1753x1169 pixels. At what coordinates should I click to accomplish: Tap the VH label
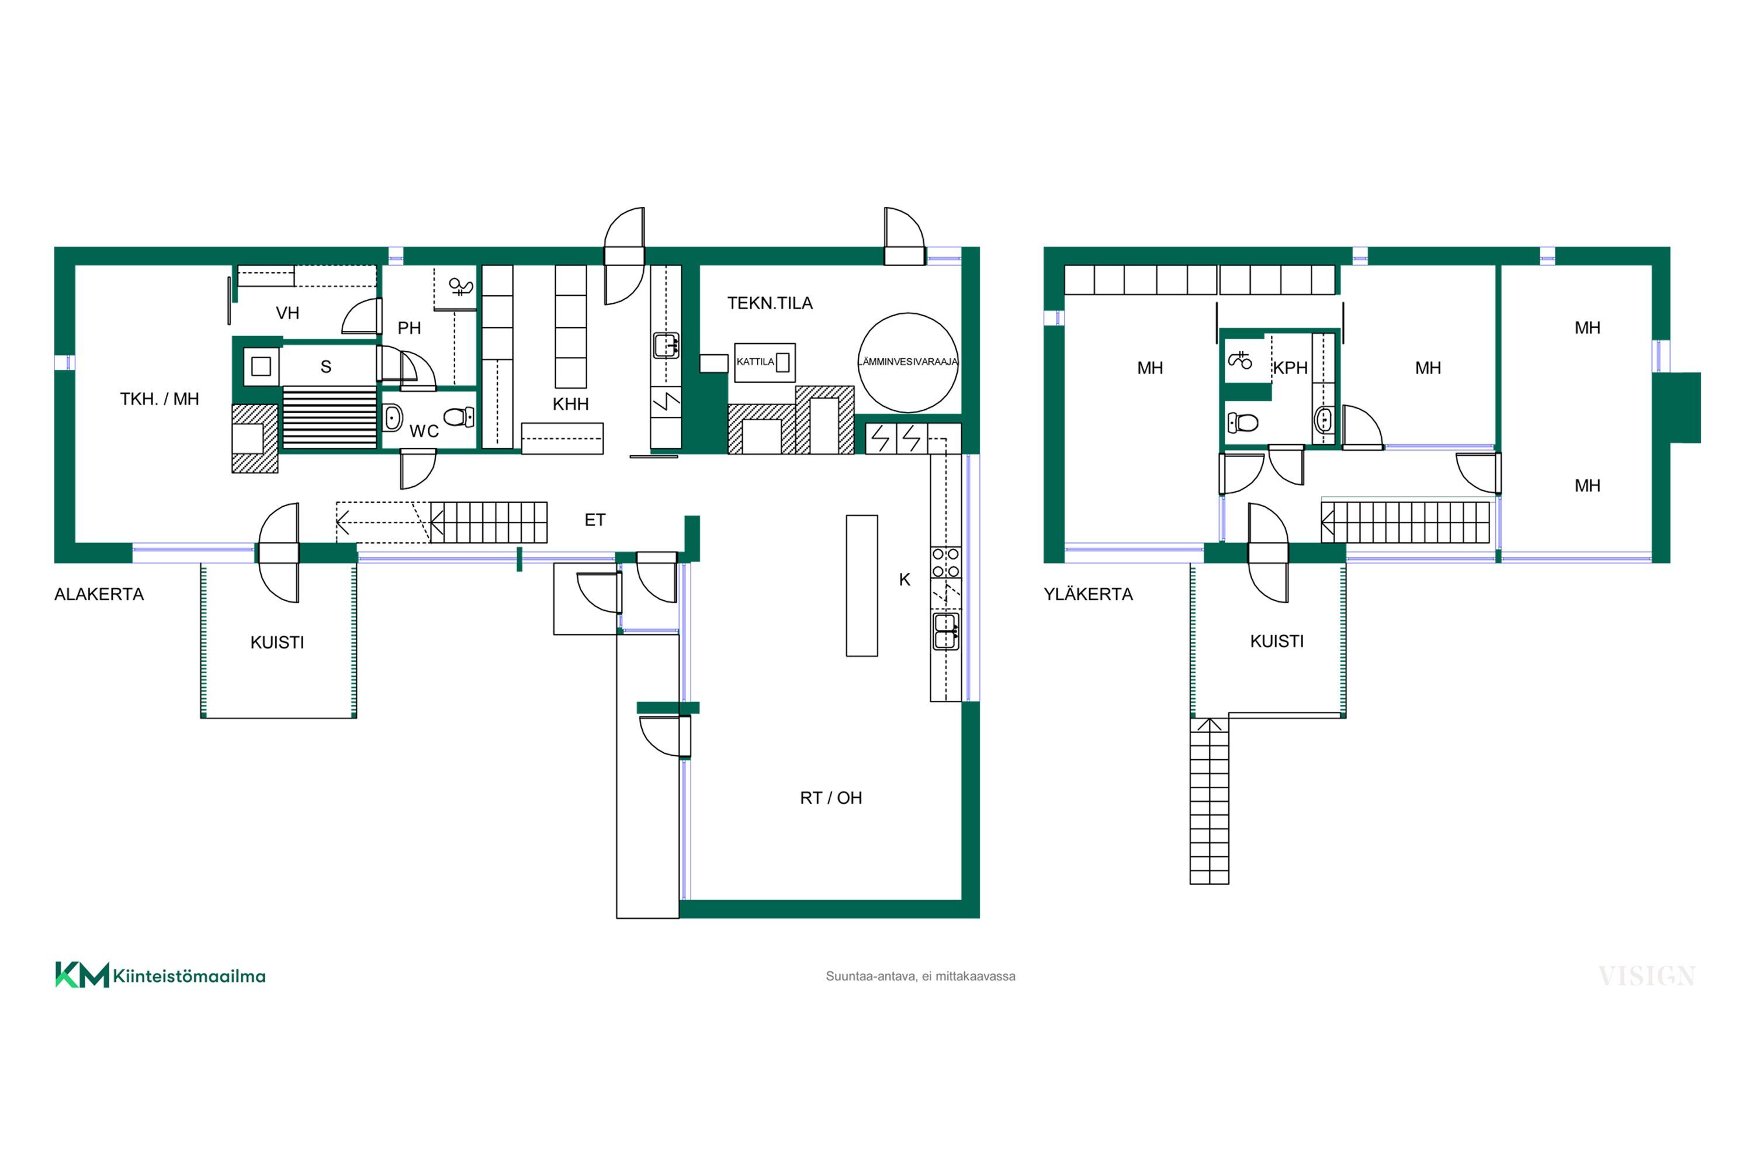coord(287,313)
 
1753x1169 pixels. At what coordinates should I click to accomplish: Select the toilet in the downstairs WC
coord(459,417)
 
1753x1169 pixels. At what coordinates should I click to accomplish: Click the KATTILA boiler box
coord(765,362)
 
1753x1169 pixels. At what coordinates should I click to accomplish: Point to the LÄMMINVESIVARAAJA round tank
coord(908,362)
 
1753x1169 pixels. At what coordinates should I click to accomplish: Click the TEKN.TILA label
coord(770,303)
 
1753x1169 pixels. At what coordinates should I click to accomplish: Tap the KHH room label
coord(571,404)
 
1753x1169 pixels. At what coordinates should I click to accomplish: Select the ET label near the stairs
coord(595,520)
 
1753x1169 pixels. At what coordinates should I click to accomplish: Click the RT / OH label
coord(831,798)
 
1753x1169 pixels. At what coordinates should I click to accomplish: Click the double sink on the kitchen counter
coord(946,631)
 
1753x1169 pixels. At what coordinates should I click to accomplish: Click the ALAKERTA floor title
coord(99,594)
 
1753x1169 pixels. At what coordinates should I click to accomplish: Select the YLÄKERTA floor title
coord(1088,594)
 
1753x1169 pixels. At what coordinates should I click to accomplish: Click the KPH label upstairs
coord(1290,368)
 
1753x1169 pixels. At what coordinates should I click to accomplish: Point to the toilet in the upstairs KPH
coord(1242,423)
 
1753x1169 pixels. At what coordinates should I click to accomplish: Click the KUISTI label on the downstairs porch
coord(277,642)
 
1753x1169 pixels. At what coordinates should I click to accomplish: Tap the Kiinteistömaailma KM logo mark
coord(82,975)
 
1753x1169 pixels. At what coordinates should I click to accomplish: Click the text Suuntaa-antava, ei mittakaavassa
coord(920,976)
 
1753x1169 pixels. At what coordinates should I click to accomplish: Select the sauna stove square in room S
coord(261,366)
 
